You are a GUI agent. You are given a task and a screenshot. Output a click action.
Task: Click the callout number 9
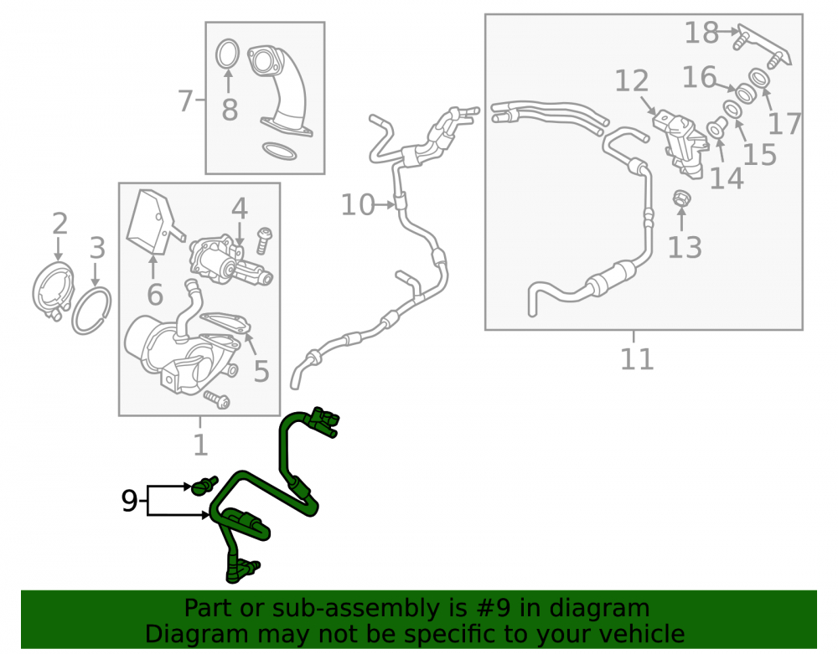click(129, 501)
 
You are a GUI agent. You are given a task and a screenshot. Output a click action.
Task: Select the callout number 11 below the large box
click(637, 358)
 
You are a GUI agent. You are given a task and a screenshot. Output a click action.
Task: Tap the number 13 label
click(685, 247)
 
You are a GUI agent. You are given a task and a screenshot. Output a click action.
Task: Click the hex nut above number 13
click(681, 199)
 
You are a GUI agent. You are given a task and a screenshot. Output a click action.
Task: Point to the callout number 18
click(701, 33)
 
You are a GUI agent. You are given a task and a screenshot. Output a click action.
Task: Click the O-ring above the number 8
click(228, 54)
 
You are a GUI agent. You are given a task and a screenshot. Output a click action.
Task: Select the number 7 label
click(185, 100)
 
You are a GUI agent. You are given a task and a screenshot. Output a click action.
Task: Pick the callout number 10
click(358, 205)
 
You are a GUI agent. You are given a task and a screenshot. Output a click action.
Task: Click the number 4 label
click(240, 209)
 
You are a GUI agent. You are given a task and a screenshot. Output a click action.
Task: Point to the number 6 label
click(155, 295)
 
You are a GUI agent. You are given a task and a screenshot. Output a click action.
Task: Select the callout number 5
click(261, 371)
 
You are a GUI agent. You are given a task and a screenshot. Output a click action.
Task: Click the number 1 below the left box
click(200, 444)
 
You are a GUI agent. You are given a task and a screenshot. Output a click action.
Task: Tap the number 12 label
click(631, 80)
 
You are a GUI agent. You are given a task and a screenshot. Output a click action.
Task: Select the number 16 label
click(699, 77)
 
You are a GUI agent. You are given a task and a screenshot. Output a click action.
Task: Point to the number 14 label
click(727, 178)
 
